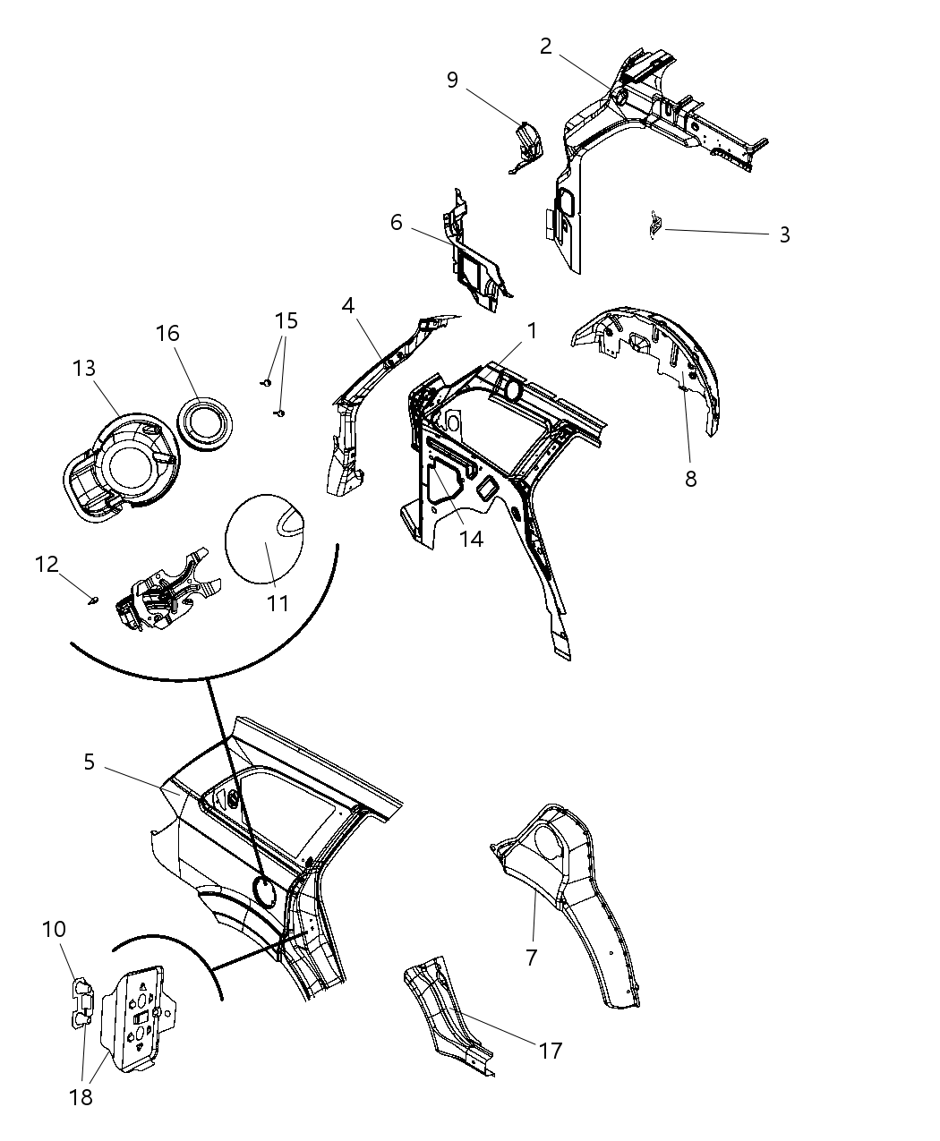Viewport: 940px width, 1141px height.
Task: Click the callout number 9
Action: (x=453, y=81)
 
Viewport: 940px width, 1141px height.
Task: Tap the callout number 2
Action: (x=546, y=47)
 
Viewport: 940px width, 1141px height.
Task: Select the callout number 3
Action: (x=784, y=234)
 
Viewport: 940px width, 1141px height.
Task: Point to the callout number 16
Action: (x=167, y=334)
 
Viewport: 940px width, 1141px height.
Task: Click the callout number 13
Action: (x=84, y=369)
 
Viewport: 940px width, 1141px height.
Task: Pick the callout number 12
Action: (x=47, y=565)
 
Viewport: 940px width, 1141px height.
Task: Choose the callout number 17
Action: (x=551, y=1051)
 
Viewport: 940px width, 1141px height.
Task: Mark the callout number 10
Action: (x=54, y=930)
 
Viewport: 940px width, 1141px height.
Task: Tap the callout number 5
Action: (x=89, y=762)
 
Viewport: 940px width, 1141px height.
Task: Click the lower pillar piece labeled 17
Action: (x=448, y=1016)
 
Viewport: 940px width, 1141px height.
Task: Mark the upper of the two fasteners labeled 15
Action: (x=266, y=382)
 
